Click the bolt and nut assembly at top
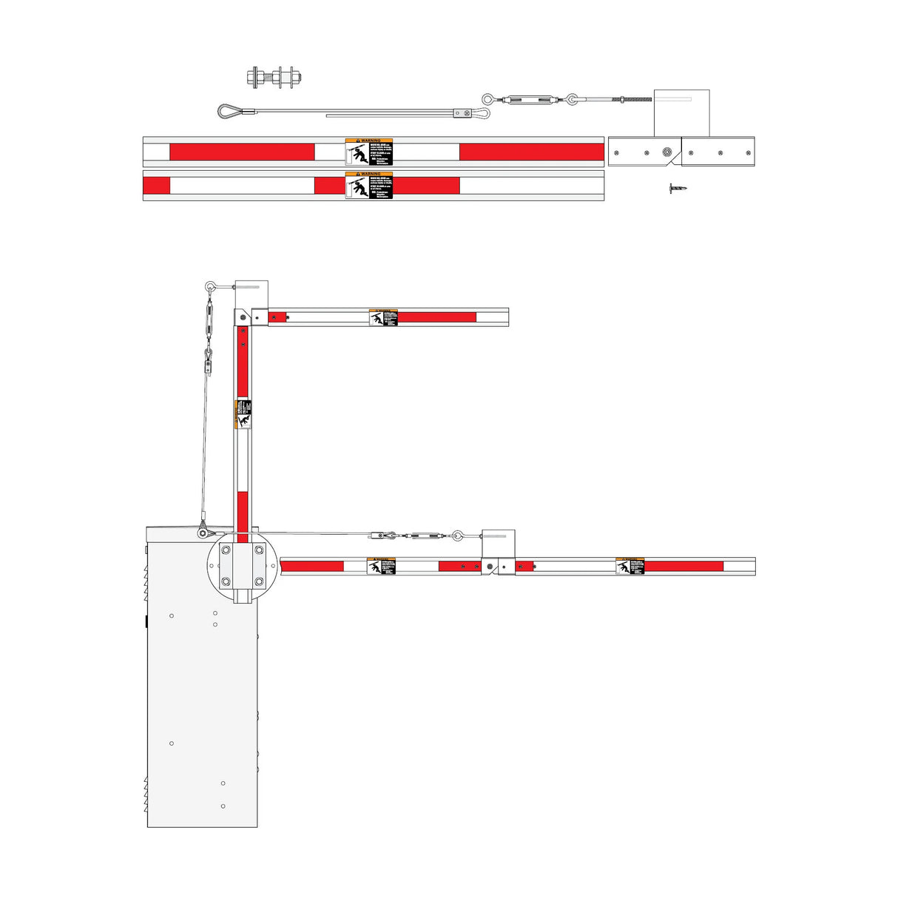pos(274,77)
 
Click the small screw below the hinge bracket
pos(677,189)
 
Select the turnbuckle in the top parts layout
pos(530,99)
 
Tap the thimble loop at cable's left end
pos(229,112)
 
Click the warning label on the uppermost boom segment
pos(369,152)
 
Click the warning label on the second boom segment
pos(369,185)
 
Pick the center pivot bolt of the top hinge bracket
pos(666,152)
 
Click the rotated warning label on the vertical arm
pos(243,414)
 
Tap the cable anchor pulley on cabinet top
pos(203,532)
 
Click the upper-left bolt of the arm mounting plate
pos(226,550)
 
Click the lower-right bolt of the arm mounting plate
pos(259,582)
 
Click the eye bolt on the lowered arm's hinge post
pos(458,535)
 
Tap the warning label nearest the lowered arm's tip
pos(630,566)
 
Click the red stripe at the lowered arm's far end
pos(683,566)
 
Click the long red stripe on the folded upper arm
pos(436,317)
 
